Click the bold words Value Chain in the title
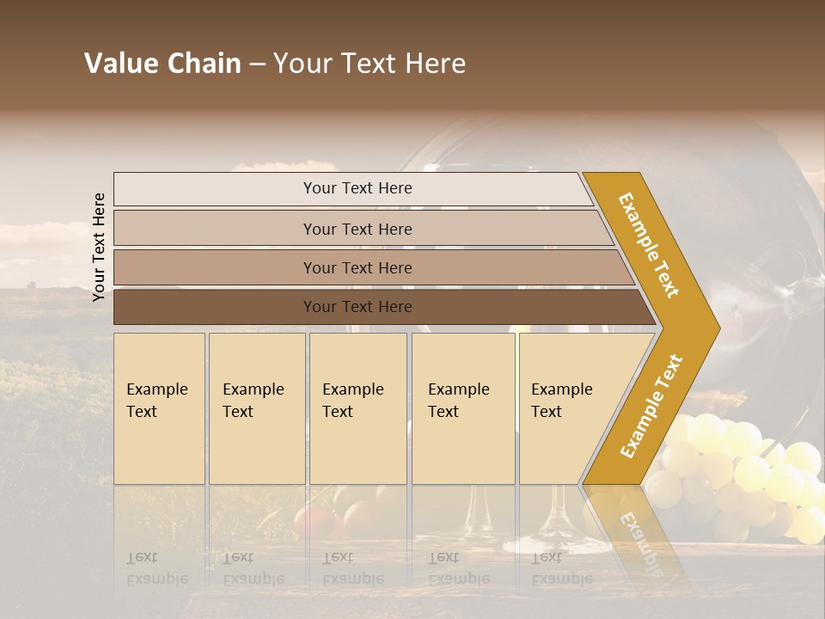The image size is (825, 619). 162,64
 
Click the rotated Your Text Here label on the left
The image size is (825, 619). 99,247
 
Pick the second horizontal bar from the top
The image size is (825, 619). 357,229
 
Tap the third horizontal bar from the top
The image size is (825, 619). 357,267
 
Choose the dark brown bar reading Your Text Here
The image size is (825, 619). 357,307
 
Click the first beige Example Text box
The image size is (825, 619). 159,408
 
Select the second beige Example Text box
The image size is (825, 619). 256,408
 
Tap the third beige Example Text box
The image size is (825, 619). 357,408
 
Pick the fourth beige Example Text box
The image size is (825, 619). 462,408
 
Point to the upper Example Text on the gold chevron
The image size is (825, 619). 650,244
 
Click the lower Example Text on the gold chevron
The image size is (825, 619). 651,407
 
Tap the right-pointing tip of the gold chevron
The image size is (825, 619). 712,328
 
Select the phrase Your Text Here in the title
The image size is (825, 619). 370,64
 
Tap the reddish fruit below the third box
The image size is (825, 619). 314,520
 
